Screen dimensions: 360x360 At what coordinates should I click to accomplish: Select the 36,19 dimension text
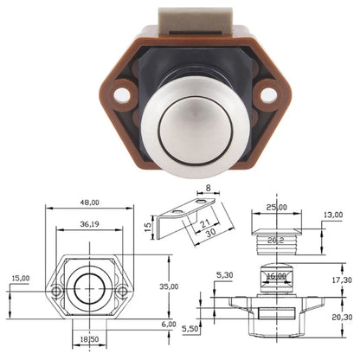[x=89, y=224]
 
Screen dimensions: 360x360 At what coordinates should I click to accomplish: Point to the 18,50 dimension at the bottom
[x=90, y=340]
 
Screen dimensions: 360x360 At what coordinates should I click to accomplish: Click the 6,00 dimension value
[x=168, y=323]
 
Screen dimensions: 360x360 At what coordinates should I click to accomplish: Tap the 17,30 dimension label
[x=342, y=280]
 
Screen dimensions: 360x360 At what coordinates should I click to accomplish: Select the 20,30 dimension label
[x=342, y=318]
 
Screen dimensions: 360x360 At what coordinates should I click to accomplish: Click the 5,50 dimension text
[x=190, y=329]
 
